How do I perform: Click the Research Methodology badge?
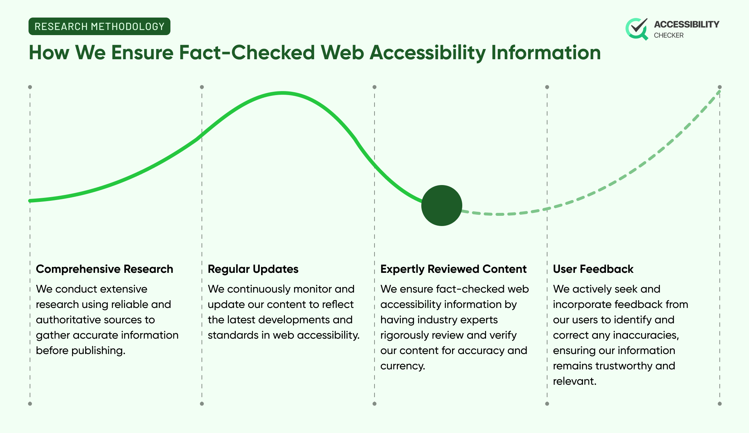(99, 26)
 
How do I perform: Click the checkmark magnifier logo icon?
(637, 29)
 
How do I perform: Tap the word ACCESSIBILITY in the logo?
(686, 25)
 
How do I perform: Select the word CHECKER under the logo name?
(669, 35)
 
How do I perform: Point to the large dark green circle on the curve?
(441, 206)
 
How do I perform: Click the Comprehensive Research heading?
(104, 269)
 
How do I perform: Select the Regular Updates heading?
(253, 269)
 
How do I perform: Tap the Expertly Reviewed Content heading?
(453, 269)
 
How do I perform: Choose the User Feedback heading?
(593, 269)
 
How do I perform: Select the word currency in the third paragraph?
(402, 366)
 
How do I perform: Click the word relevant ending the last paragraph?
(574, 381)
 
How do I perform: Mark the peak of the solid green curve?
(283, 93)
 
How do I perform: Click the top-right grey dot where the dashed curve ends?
(719, 87)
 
